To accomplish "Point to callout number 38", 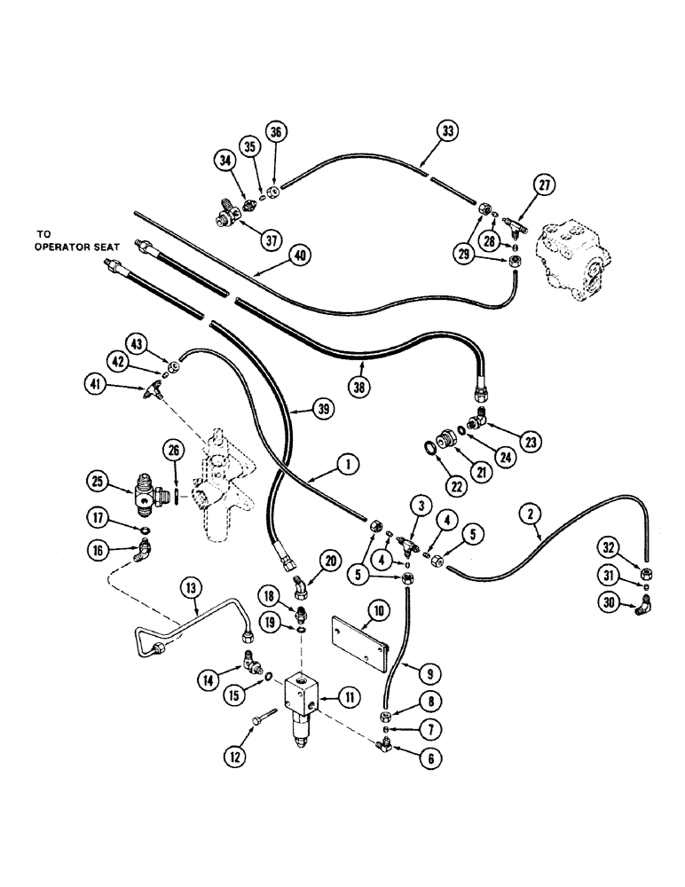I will pos(362,363).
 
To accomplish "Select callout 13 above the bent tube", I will pos(189,588).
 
